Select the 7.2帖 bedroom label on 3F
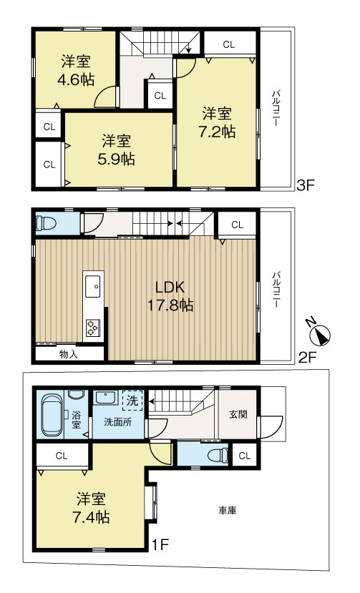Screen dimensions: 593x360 (x=217, y=122)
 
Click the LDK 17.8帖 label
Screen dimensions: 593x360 (x=171, y=295)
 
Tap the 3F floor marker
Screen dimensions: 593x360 (x=306, y=186)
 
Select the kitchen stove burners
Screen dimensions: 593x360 (x=93, y=327)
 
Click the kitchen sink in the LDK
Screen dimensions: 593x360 (x=93, y=288)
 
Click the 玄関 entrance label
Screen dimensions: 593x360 (x=238, y=413)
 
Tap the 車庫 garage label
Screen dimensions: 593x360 (x=228, y=510)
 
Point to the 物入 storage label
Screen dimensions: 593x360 (x=69, y=353)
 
